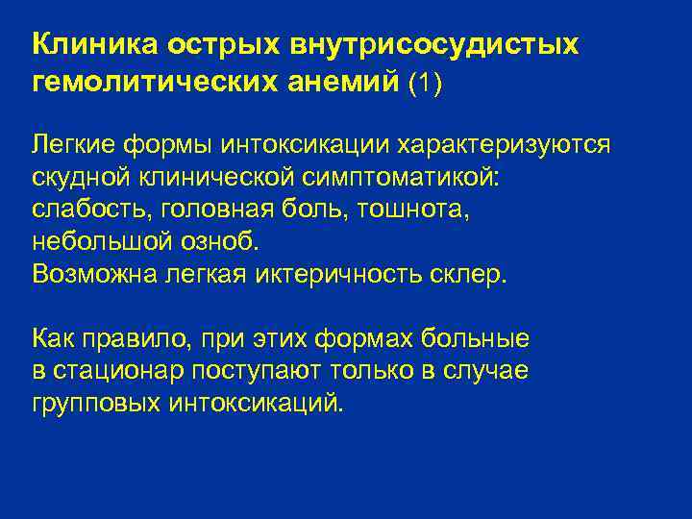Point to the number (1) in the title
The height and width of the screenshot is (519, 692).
pyautogui.click(x=425, y=84)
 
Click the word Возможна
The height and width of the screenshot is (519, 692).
pyautogui.click(x=95, y=273)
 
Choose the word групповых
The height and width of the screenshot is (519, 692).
pyautogui.click(x=95, y=403)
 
